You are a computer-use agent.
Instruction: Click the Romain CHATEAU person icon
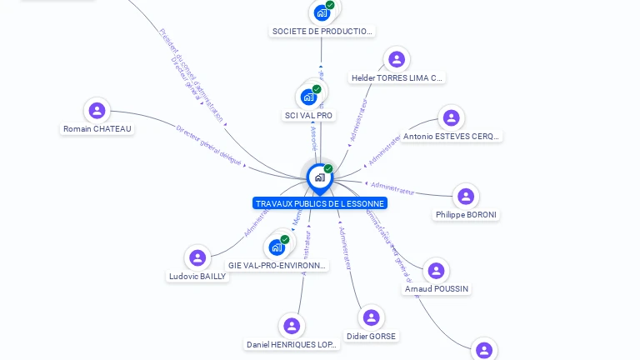(97, 110)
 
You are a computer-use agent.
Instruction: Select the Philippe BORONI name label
(466, 215)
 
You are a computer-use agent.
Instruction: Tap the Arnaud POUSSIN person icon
(435, 270)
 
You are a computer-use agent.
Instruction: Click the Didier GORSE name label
(372, 337)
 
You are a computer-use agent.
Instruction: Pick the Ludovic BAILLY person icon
(197, 257)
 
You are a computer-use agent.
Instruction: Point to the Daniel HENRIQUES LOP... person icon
(291, 326)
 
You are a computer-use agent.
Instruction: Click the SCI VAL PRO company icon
(308, 97)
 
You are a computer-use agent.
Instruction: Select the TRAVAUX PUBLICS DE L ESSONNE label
(320, 203)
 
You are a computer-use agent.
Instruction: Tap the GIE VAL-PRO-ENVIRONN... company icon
(277, 247)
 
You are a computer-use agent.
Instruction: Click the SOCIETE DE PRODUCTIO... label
(322, 32)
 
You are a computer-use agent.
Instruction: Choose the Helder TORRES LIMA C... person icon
(397, 59)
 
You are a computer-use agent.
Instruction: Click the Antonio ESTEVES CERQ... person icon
(451, 117)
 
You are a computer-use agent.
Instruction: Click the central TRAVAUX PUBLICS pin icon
(319, 177)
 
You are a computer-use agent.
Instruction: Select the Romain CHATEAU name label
(97, 129)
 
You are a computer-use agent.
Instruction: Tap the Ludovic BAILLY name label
(197, 277)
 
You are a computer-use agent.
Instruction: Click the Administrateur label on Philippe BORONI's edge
(394, 186)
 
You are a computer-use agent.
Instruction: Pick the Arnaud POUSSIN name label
(436, 289)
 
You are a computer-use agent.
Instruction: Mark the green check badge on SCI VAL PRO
(317, 89)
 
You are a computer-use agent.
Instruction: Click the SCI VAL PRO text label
(308, 115)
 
